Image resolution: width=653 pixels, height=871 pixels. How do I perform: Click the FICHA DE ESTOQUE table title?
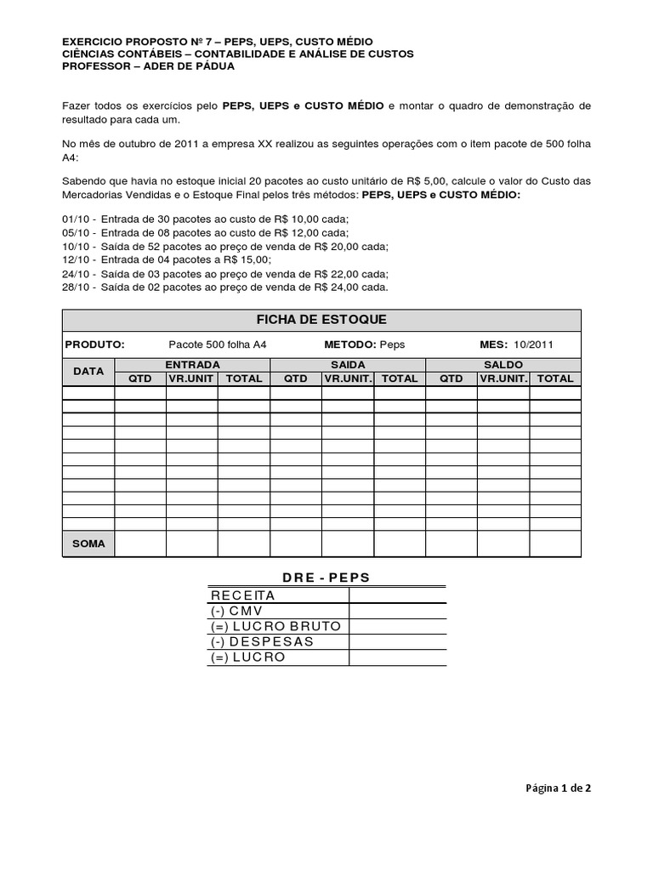[x=321, y=319]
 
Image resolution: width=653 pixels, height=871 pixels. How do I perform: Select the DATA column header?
[x=88, y=372]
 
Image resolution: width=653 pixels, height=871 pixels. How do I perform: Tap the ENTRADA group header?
[x=192, y=365]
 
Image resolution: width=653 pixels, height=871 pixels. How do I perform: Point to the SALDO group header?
[x=503, y=365]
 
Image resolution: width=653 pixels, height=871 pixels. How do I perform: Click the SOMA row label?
[x=88, y=544]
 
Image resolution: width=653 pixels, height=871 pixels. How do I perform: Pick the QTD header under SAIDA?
[x=296, y=379]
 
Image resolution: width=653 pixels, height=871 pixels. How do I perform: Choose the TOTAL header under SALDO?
[x=555, y=379]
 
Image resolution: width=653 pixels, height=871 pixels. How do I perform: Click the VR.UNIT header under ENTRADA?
[x=191, y=379]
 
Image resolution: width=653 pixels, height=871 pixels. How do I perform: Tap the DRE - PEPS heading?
[x=326, y=578]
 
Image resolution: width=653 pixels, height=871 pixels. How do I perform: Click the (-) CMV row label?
[x=237, y=611]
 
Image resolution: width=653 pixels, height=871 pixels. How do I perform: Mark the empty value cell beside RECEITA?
[x=397, y=595]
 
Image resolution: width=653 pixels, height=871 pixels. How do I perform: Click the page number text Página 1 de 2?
[x=557, y=788]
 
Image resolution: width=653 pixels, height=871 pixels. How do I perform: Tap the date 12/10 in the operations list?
[x=77, y=259]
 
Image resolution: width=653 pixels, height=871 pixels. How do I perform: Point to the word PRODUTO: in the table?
[x=95, y=344]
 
